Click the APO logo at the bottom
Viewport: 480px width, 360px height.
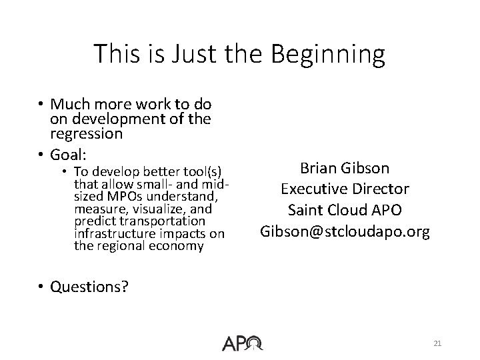pos(243,343)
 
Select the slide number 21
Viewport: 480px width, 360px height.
pos(437,343)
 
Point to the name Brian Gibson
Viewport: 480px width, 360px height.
pos(345,168)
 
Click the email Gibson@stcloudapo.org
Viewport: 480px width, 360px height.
pos(345,231)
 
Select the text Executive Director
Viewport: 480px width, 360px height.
pos(345,189)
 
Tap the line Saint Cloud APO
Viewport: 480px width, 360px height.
pos(345,210)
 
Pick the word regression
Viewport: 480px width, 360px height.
pos(86,134)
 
